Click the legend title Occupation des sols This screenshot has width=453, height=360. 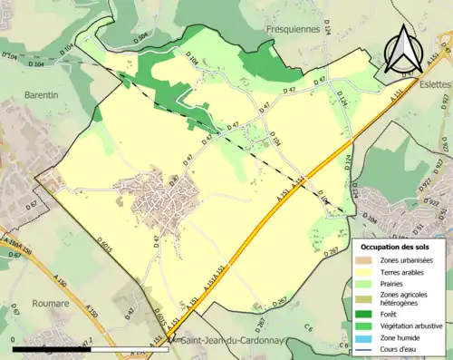point(399,247)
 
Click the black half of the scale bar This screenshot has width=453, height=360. point(53,348)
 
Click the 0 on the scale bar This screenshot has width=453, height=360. point(14,339)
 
